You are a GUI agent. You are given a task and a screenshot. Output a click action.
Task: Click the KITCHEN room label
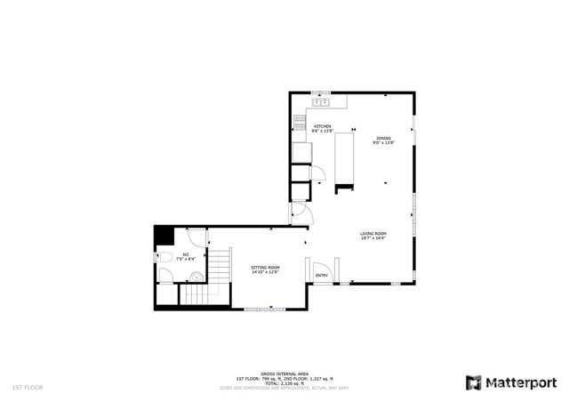pos(322,126)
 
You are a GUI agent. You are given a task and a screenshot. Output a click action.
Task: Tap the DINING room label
pos(383,138)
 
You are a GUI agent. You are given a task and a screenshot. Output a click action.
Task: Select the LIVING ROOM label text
pos(373,233)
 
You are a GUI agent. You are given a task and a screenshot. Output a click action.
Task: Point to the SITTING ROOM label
pos(265,267)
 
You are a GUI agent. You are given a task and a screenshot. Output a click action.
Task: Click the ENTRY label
pos(322,275)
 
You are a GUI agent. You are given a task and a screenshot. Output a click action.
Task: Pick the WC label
pos(186,254)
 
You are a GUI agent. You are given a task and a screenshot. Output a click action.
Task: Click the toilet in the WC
pos(163,258)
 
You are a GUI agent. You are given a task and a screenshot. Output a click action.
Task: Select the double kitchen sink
pos(320,101)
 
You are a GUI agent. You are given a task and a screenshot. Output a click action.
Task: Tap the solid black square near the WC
pos(164,236)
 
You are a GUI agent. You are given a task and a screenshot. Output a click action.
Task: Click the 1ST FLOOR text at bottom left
pos(26,388)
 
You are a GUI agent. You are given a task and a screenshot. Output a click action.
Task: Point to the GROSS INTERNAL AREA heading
pos(284,374)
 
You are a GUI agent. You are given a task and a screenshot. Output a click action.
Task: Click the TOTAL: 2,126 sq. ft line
pos(284,383)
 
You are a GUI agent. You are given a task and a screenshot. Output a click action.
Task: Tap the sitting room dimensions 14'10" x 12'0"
pos(265,272)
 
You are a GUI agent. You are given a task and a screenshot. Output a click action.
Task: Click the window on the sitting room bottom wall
pos(263,308)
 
